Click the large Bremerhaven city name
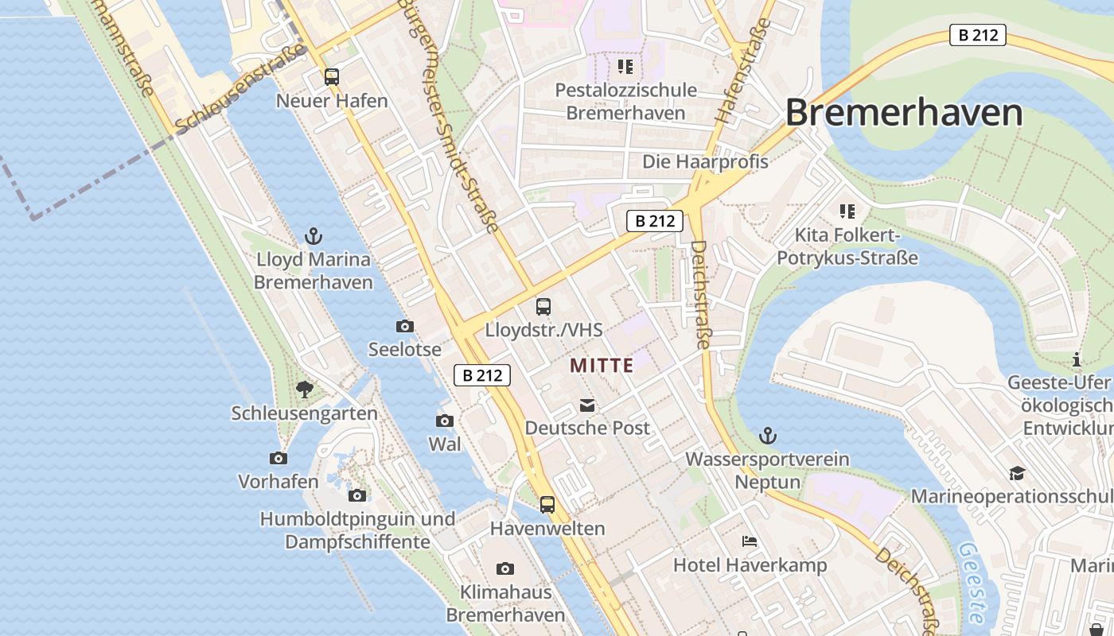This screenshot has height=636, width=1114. [x=904, y=112]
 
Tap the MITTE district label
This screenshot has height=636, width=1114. [x=602, y=366]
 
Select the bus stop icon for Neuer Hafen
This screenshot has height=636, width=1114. [x=332, y=77]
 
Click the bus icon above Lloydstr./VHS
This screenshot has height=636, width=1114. [x=543, y=306]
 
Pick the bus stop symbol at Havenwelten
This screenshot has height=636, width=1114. [x=547, y=504]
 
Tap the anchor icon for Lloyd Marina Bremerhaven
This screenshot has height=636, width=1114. [x=314, y=236]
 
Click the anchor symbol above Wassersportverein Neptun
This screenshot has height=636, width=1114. [x=768, y=436]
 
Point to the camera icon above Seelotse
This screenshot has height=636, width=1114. [x=405, y=326]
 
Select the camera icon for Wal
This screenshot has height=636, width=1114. [x=445, y=421]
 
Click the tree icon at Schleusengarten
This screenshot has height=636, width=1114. [x=304, y=390]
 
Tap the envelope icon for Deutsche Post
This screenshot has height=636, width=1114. [x=587, y=406]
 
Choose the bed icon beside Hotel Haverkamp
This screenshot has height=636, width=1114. [x=750, y=541]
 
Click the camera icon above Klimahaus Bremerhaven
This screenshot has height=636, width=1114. [x=505, y=568]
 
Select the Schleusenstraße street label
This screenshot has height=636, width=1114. [x=241, y=89]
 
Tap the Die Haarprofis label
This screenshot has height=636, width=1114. [x=705, y=162]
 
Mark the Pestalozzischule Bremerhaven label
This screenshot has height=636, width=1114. [x=625, y=101]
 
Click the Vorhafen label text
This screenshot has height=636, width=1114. [x=278, y=482]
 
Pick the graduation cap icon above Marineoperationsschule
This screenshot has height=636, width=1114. [x=1017, y=474]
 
